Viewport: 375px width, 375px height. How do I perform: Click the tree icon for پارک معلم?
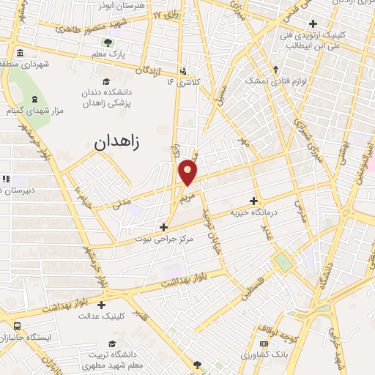pyautogui.click(x=108, y=42)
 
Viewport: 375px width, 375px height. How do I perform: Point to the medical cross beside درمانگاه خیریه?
pyautogui.click(x=254, y=201)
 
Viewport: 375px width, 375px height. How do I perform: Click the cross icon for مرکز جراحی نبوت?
pyautogui.click(x=163, y=227)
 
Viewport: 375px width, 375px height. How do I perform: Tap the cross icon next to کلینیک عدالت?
pyautogui.click(x=101, y=305)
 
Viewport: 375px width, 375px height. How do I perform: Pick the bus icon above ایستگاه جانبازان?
pyautogui.click(x=16, y=326)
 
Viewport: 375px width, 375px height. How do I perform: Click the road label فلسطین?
pyautogui.click(x=252, y=291)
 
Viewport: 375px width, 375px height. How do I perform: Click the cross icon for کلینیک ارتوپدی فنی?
pyautogui.click(x=313, y=23)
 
